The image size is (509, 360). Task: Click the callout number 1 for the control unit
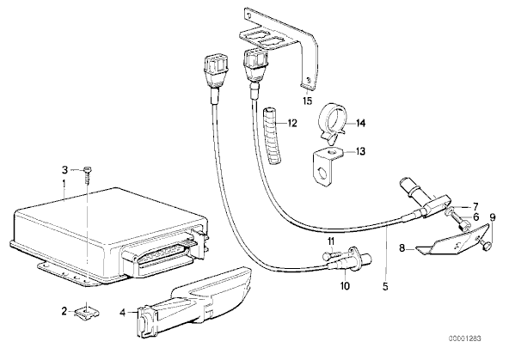[x=64, y=185]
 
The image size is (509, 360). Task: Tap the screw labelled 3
[x=88, y=175]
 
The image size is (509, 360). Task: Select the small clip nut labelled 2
[x=87, y=313]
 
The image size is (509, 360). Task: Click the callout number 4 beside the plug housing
[x=122, y=313]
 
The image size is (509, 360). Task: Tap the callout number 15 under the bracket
[x=308, y=101]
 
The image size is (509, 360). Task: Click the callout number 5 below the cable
[x=385, y=286]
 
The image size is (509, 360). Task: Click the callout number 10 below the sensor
[x=345, y=286]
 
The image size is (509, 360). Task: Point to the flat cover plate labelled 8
[x=452, y=241]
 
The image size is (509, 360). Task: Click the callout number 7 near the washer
[x=475, y=206]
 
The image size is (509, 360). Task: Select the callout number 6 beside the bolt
[x=475, y=217]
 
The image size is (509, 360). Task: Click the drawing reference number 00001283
[x=465, y=339]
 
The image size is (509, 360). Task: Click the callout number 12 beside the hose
[x=292, y=123]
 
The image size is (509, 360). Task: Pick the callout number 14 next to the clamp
[x=360, y=123]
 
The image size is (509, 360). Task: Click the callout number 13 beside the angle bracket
[x=360, y=151]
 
